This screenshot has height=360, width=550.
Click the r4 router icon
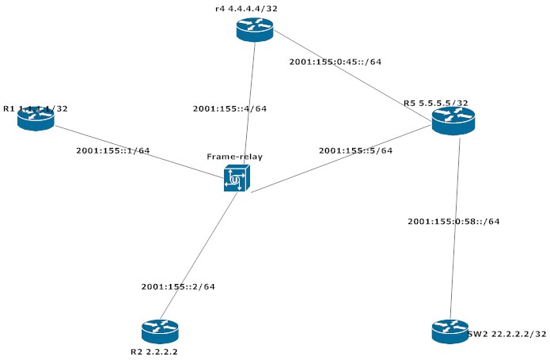click(x=254, y=29)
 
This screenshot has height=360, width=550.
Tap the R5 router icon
click(x=453, y=120)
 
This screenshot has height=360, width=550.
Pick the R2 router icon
click(x=161, y=331)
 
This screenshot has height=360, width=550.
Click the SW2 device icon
click(x=450, y=331)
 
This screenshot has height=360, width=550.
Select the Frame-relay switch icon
click(x=235, y=180)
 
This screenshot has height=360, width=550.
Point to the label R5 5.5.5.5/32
click(x=435, y=103)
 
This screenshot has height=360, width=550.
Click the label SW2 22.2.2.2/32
click(x=506, y=335)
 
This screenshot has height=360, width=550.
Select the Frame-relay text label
click(x=234, y=157)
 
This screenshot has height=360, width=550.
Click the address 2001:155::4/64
click(x=229, y=108)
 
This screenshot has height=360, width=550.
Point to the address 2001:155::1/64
click(x=112, y=150)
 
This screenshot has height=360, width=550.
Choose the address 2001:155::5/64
click(x=355, y=150)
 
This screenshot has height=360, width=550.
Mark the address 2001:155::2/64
click(x=177, y=286)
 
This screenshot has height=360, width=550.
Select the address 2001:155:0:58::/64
click(x=453, y=221)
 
